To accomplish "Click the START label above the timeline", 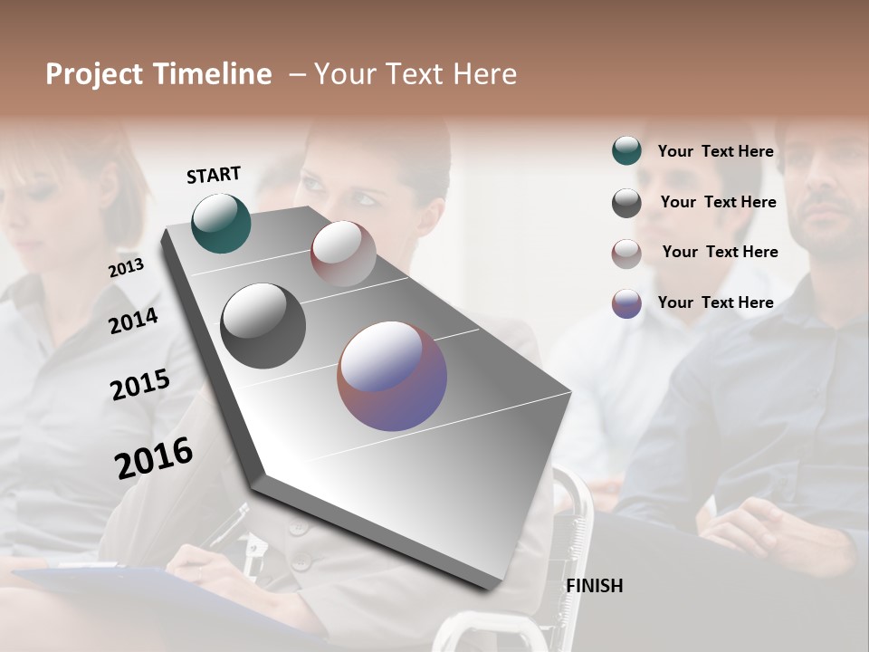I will (x=214, y=175).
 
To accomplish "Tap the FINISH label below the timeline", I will (x=594, y=586).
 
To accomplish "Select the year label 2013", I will (x=126, y=268).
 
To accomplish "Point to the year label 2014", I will (x=133, y=321).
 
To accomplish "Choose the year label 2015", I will (x=139, y=385).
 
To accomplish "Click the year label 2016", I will (x=154, y=458).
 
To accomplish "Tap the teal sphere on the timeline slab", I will (x=221, y=223).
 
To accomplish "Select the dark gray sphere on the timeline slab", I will (x=263, y=326).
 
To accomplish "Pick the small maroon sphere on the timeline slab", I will (x=342, y=253).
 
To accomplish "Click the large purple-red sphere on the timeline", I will (x=392, y=376).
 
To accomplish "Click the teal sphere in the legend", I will (x=626, y=151).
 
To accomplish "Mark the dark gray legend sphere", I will (x=626, y=203).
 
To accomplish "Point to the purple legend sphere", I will (x=626, y=303).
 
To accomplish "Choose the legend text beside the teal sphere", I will (x=715, y=151).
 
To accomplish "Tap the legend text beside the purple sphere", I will (x=715, y=302).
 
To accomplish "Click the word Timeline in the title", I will (x=213, y=74).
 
